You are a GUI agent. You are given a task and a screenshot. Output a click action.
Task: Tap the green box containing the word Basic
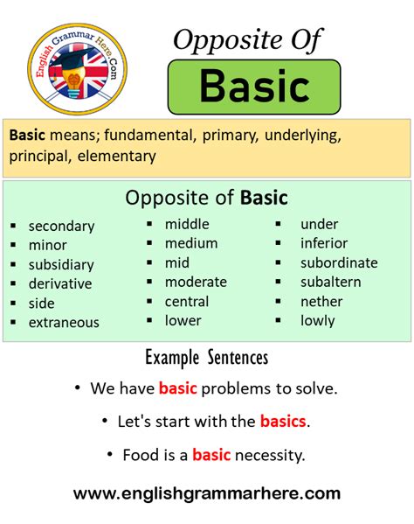[x=254, y=86]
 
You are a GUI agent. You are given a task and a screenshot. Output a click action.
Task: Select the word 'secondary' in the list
[x=61, y=226]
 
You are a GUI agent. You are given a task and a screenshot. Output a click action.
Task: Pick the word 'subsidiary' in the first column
[x=61, y=264]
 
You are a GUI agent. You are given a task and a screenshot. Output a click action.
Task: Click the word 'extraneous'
[x=64, y=322]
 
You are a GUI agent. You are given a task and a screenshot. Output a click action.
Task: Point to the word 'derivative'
[x=59, y=283]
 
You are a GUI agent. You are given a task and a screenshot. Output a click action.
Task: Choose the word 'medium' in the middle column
[x=191, y=243]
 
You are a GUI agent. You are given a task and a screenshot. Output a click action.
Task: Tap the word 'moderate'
[x=196, y=282]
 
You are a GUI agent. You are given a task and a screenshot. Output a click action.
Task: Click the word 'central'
[x=187, y=301]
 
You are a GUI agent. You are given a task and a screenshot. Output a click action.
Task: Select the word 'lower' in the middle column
[x=183, y=320]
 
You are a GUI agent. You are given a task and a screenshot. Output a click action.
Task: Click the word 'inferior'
[x=324, y=243]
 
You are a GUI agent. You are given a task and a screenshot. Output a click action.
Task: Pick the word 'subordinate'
[x=339, y=262]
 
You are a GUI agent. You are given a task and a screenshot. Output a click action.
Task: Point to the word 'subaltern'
[x=330, y=282]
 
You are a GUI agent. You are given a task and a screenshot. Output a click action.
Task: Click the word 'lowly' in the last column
[x=318, y=320]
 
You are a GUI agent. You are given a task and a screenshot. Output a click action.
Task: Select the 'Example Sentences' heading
[x=206, y=358]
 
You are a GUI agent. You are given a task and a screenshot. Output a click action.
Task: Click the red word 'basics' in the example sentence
[x=283, y=421]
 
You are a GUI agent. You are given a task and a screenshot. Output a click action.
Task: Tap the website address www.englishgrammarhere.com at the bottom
[x=207, y=493]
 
